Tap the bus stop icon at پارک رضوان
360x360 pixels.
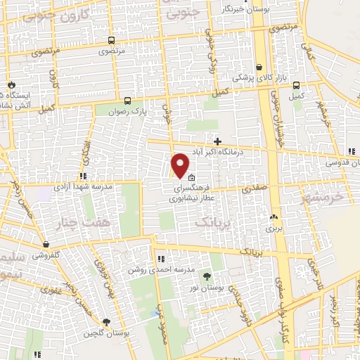127,100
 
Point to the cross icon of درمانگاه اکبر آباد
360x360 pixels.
218,141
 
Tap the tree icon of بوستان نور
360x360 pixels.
207,276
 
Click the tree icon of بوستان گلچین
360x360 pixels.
106,322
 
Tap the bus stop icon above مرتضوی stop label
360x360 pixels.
112,41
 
